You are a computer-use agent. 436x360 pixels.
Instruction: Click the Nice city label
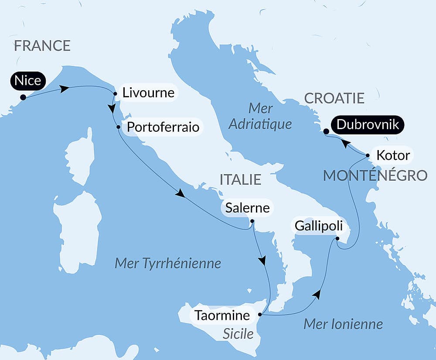[28, 81]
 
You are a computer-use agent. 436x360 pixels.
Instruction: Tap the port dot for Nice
[23, 97]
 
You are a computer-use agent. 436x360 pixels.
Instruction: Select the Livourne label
[148, 93]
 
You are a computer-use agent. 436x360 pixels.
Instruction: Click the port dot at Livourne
[115, 93]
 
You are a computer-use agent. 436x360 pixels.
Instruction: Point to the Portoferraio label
[163, 127]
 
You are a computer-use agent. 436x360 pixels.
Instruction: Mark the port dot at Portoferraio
[118, 127]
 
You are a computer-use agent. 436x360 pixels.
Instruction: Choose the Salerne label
[247, 208]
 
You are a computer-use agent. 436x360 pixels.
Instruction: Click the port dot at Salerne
[252, 221]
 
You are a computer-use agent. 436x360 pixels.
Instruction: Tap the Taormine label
[222, 315]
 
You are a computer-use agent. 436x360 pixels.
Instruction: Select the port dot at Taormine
[260, 314]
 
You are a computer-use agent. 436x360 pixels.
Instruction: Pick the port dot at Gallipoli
[337, 238]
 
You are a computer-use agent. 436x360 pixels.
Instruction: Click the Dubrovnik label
[368, 125]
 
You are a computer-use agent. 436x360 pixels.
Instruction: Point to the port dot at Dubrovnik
[326, 131]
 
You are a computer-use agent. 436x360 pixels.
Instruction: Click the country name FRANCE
[42, 45]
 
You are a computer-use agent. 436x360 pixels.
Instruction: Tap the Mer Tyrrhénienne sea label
[167, 264]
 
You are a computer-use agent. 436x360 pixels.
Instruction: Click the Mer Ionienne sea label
[343, 324]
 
